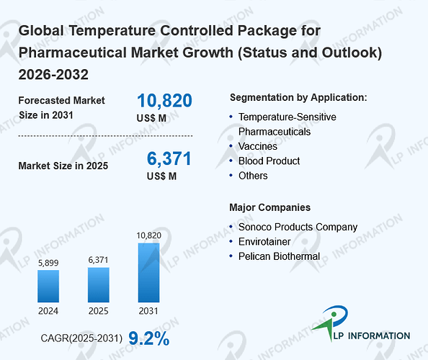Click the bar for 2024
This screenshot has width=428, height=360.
tap(48, 286)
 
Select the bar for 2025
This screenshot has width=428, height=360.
tap(99, 284)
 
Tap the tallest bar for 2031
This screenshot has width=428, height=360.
tap(148, 273)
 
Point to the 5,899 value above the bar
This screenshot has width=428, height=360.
tap(48, 263)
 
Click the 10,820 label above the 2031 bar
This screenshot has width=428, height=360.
tap(148, 235)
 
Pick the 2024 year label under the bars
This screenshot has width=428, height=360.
tap(48, 311)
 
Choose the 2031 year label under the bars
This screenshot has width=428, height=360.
tap(148, 311)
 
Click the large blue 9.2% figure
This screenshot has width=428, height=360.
tap(148, 338)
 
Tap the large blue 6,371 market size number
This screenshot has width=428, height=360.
tap(169, 158)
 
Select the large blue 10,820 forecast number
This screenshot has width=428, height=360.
tap(164, 100)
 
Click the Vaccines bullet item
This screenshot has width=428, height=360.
tap(258, 146)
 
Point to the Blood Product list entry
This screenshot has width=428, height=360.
tap(269, 161)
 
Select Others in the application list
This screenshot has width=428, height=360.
tap(253, 176)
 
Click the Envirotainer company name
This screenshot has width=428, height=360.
tap(264, 242)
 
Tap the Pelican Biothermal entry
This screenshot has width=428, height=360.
tap(279, 256)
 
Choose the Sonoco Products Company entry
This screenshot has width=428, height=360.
tap(298, 227)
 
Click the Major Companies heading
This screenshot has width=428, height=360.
tap(269, 207)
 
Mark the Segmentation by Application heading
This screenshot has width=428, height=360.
tap(298, 97)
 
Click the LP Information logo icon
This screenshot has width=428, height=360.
tap(331, 323)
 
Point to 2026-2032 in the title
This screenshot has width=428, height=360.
tap(53, 74)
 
